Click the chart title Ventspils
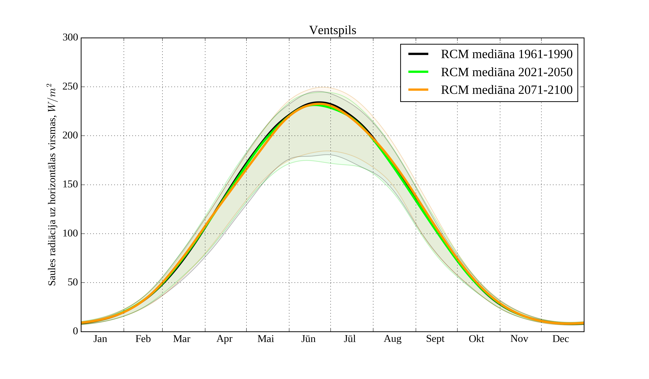332,31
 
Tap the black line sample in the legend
418,54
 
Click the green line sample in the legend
418,72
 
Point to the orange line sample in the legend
418,90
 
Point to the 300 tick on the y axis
70,38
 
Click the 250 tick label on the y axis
70,87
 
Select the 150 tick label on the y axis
70,185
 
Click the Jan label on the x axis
100,339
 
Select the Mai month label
266,339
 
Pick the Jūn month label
308,339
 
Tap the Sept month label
435,339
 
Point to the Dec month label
560,339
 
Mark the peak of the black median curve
319,102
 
